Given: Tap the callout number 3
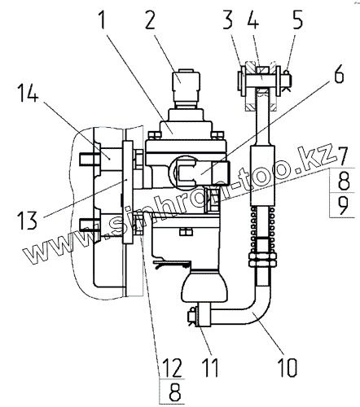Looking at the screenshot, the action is (x=228, y=20).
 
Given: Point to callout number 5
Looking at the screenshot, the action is (x=297, y=20).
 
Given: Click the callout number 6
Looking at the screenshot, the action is (x=340, y=73).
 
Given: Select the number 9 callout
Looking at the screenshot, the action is (x=343, y=205).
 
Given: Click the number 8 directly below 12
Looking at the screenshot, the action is (x=174, y=392).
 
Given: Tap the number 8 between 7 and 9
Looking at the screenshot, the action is (x=344, y=181).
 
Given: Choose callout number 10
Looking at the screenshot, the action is (x=288, y=368).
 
